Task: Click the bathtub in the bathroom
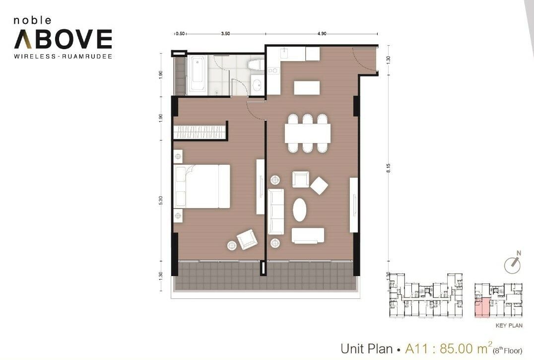pos(198,74)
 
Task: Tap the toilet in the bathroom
pos(256,65)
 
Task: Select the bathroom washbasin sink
pos(257,84)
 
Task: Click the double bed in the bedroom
pos(202,186)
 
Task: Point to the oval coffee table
pos(299,210)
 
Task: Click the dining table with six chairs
pos(308,133)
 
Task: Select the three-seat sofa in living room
pos(276,212)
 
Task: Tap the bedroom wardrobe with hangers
pos(200,132)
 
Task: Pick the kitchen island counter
pos(307,87)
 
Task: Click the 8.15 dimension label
pos(389,168)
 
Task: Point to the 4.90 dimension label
pos(322,34)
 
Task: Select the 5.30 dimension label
pos(161,200)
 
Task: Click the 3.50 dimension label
pos(225,34)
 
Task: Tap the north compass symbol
pos(513,263)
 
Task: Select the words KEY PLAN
pos(509,326)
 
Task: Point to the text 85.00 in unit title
pos(457,349)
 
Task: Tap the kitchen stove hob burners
pos(273,71)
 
